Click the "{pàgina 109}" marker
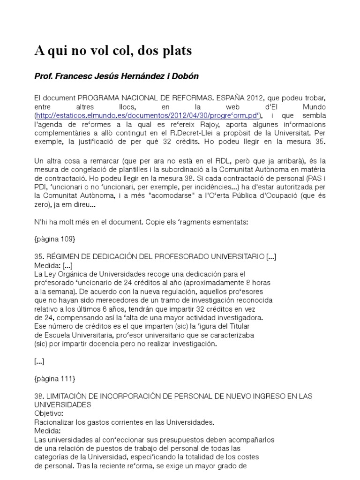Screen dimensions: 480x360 coord(55,239)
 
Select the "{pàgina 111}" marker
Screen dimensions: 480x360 coord(55,378)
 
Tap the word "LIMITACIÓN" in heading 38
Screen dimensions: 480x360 coord(71,396)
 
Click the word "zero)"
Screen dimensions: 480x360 coord(45,204)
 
